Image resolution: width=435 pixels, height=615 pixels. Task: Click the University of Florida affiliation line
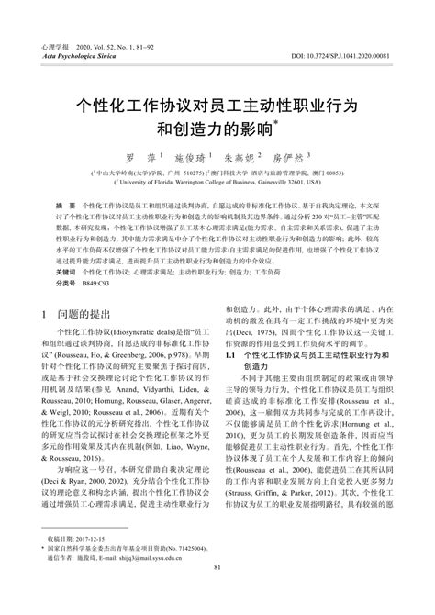218,184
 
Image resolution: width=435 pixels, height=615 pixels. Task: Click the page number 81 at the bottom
217,594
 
